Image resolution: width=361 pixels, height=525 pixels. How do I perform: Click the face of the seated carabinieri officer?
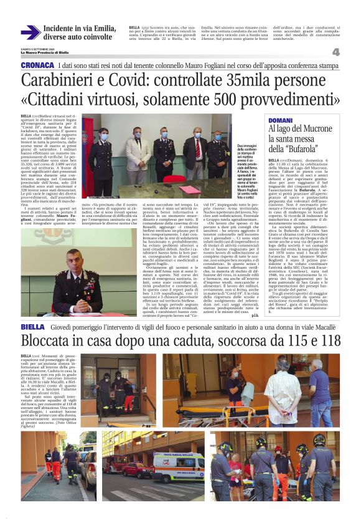click(x=75, y=259)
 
